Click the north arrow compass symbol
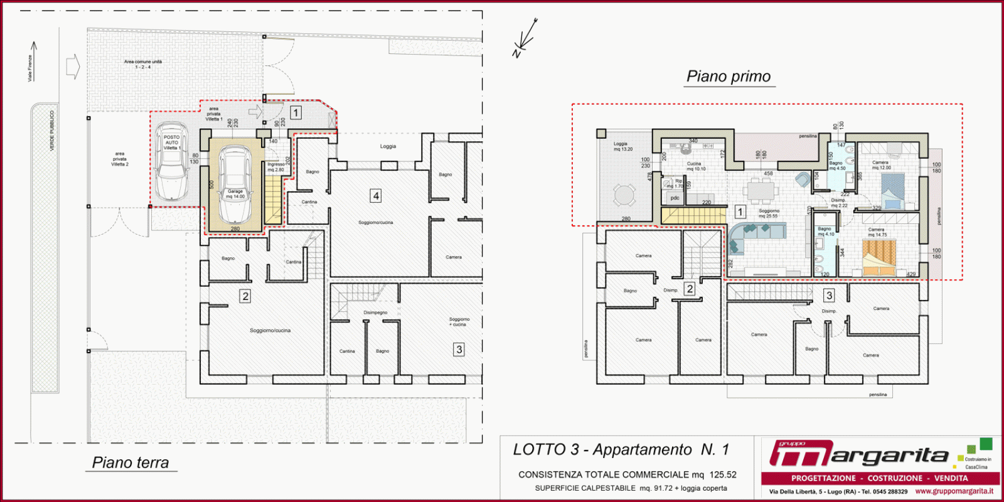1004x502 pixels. (525, 38)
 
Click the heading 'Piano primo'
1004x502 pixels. (729, 77)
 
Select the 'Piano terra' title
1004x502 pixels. (131, 463)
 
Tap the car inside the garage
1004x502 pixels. (235, 184)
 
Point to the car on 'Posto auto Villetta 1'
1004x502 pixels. (171, 161)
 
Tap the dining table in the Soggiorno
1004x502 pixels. (762, 188)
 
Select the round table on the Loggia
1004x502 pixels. (624, 195)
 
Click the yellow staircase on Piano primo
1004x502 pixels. (693, 215)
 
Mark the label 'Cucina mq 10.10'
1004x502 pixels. (695, 166)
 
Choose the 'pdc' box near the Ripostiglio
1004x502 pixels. (675, 198)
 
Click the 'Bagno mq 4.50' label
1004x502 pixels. (837, 166)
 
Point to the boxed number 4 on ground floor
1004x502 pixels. (376, 196)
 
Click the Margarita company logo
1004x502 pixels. (860, 454)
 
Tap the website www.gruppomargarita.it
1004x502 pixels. (954, 491)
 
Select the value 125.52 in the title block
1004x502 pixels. (723, 475)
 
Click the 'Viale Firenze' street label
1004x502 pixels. (29, 68)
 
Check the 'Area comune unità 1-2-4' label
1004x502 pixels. (143, 64)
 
